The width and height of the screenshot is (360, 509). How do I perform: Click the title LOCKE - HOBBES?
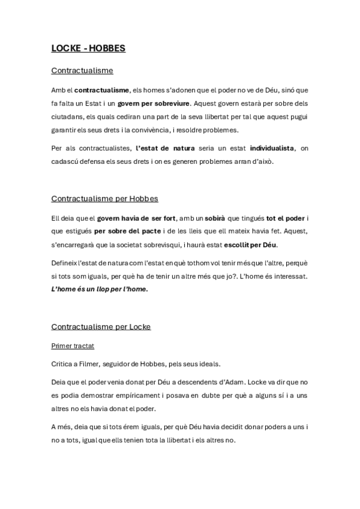point(88,48)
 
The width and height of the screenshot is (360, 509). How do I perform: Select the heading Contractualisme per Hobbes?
point(104,198)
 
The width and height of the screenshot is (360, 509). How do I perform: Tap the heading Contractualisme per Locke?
point(101,327)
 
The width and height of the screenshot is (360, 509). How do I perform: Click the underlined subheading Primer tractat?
point(73,346)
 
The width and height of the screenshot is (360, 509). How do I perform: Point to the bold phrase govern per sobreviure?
point(154,103)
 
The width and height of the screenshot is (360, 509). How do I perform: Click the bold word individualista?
point(272,148)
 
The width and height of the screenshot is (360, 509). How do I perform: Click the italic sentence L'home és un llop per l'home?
point(99,289)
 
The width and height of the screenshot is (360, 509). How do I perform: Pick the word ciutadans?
point(69,116)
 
